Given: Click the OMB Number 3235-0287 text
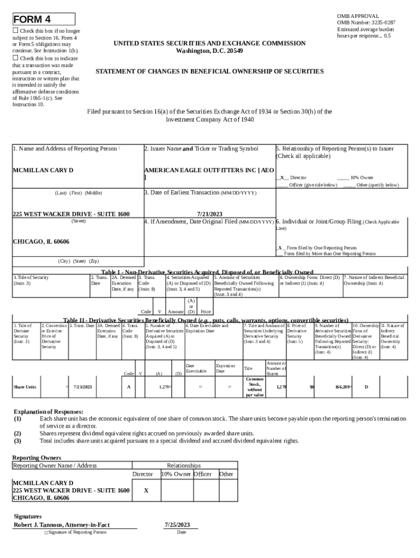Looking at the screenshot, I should (366, 23).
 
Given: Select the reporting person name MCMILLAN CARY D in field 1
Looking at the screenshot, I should (43, 170).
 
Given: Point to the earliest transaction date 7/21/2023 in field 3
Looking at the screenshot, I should (209, 214).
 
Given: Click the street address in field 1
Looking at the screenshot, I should (71, 214).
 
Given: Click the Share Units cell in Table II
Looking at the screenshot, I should (25, 387).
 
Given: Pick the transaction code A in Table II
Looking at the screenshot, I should (129, 387).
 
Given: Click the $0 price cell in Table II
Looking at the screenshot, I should (311, 387).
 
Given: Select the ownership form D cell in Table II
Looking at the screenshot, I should (366, 387).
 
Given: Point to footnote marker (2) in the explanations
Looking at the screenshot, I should (17, 433).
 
